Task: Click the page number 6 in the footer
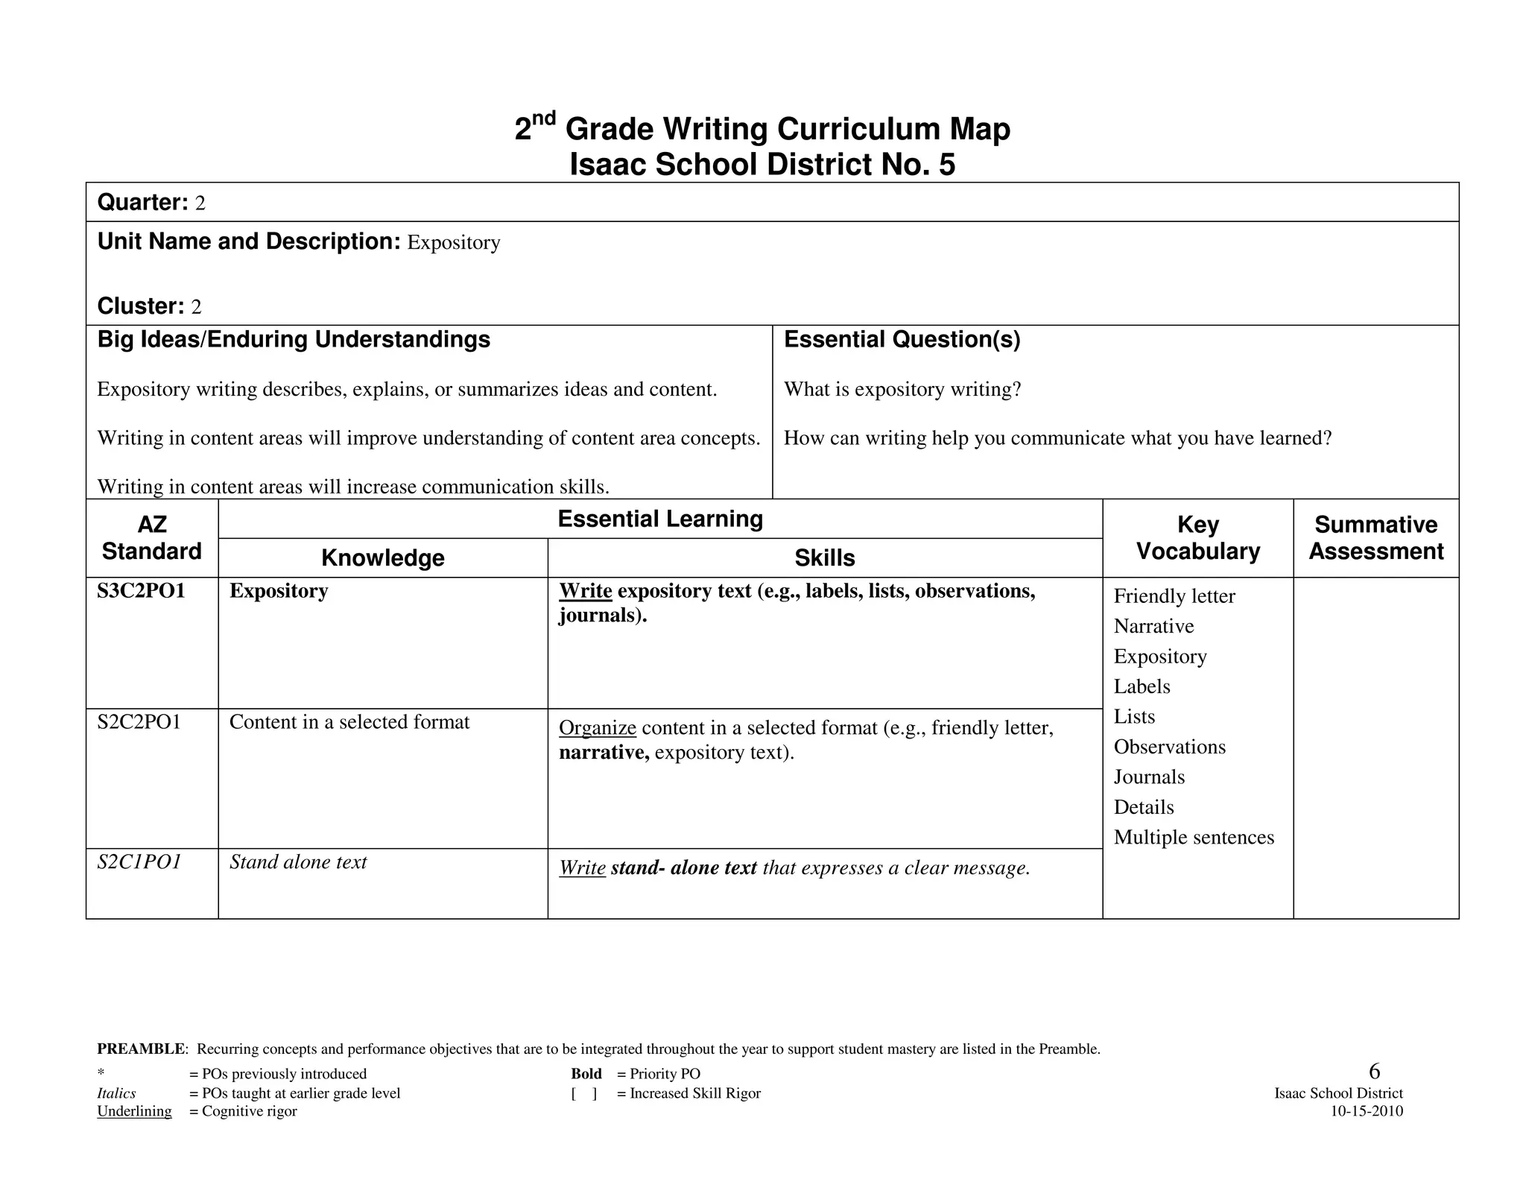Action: click(x=1374, y=1072)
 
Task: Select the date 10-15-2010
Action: click(x=1367, y=1111)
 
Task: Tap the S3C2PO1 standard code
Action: click(x=141, y=591)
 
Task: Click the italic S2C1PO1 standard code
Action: click(x=139, y=862)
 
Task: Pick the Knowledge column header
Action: click(x=382, y=558)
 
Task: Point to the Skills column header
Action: click(x=824, y=558)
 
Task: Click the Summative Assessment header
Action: click(x=1375, y=538)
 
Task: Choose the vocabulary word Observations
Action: click(x=1169, y=747)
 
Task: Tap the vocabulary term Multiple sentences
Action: click(x=1194, y=838)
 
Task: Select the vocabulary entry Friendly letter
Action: click(x=1174, y=596)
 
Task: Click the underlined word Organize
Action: click(x=597, y=728)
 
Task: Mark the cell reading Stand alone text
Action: click(x=298, y=862)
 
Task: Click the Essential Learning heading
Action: click(x=660, y=519)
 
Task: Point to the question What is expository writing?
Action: click(x=902, y=390)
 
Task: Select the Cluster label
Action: click(x=140, y=306)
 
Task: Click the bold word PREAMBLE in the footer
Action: click(x=141, y=1049)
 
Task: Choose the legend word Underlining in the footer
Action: click(x=134, y=1111)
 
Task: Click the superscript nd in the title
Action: click(x=544, y=118)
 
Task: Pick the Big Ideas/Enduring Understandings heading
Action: click(x=294, y=340)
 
